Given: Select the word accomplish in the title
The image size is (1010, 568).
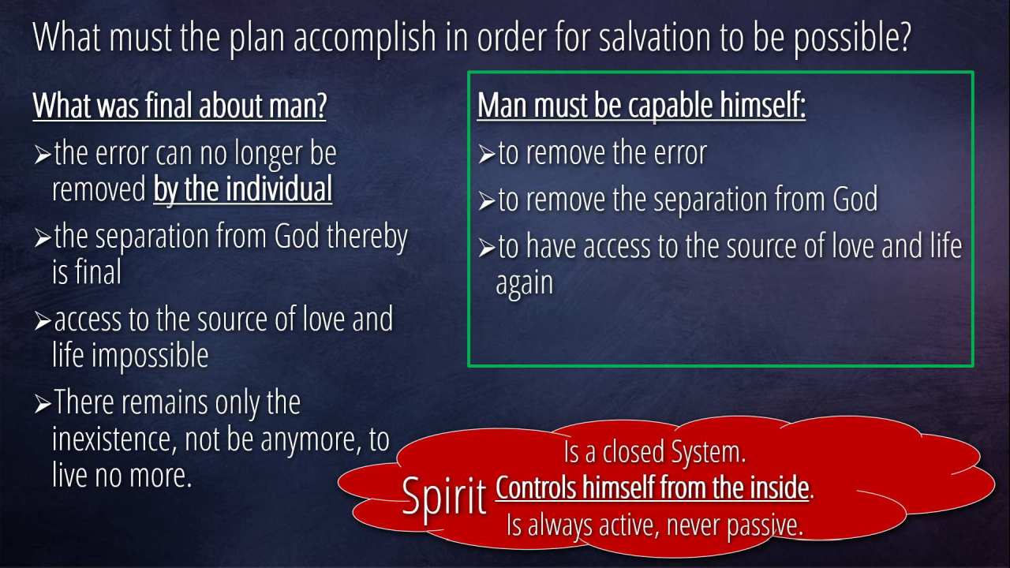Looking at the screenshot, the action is click(365, 39).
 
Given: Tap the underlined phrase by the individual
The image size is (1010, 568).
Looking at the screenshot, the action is click(242, 189).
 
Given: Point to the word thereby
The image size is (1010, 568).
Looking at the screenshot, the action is click(367, 237).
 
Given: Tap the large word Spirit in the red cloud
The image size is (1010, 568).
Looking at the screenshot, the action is click(444, 497).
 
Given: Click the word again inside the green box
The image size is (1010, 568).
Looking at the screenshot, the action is click(525, 284).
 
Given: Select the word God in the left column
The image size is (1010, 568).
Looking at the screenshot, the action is click(297, 236).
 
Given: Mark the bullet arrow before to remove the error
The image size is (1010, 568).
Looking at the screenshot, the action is click(487, 155).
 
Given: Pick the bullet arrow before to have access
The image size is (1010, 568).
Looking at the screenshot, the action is click(487, 248).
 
